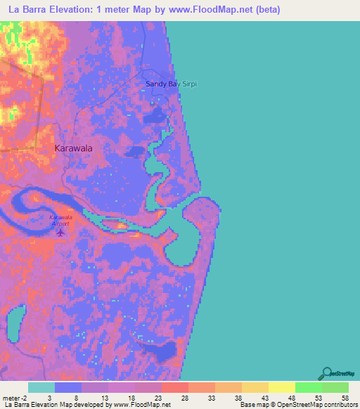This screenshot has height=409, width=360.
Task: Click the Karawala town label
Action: pos(74,149)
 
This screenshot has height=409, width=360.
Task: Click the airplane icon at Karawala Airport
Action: pos(60,231)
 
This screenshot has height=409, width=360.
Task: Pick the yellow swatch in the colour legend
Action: pos(282,387)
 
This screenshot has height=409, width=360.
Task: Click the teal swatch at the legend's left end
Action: pos(41,387)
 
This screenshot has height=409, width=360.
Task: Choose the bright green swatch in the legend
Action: pos(309,387)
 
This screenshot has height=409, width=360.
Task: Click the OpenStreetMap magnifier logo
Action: pos(326,373)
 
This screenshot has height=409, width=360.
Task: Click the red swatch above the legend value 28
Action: pos(175,387)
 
